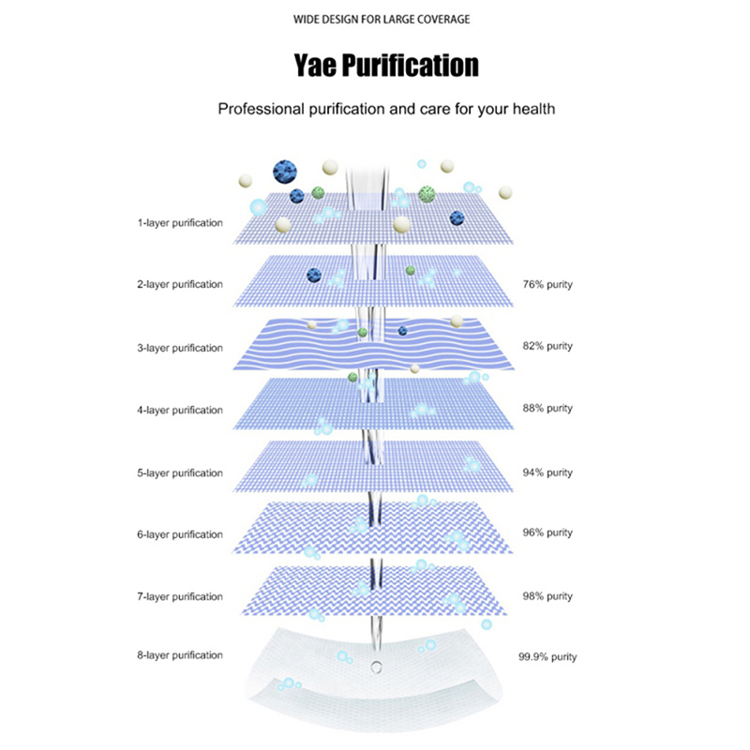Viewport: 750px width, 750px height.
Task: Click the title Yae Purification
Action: pos(386,66)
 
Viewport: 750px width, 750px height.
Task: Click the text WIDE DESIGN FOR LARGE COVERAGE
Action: pos(382,20)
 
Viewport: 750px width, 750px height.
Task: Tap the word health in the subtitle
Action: pos(533,109)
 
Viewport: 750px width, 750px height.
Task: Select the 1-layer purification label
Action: pos(180,223)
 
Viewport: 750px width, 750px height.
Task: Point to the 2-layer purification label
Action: pos(180,285)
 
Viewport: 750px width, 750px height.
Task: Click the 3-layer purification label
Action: pos(180,348)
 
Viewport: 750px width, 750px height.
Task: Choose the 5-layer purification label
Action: pos(180,473)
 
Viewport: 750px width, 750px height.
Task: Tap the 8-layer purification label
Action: pos(180,655)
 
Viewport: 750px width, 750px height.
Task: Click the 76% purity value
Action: pos(547,285)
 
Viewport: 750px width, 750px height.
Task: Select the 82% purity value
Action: pos(547,346)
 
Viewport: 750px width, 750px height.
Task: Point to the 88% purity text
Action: pos(547,409)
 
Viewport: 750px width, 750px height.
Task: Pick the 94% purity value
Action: pos(547,472)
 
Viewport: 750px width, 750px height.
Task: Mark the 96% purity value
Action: pos(547,532)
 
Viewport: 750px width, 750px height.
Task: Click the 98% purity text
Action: pos(547,596)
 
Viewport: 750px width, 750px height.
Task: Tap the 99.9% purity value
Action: pos(547,657)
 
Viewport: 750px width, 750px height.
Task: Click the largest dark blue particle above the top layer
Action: pos(285,172)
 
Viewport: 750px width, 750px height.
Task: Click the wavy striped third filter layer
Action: pos(373,344)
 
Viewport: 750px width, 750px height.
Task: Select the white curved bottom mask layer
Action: pos(374,677)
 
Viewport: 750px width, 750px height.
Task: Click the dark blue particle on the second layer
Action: pos(314,275)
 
